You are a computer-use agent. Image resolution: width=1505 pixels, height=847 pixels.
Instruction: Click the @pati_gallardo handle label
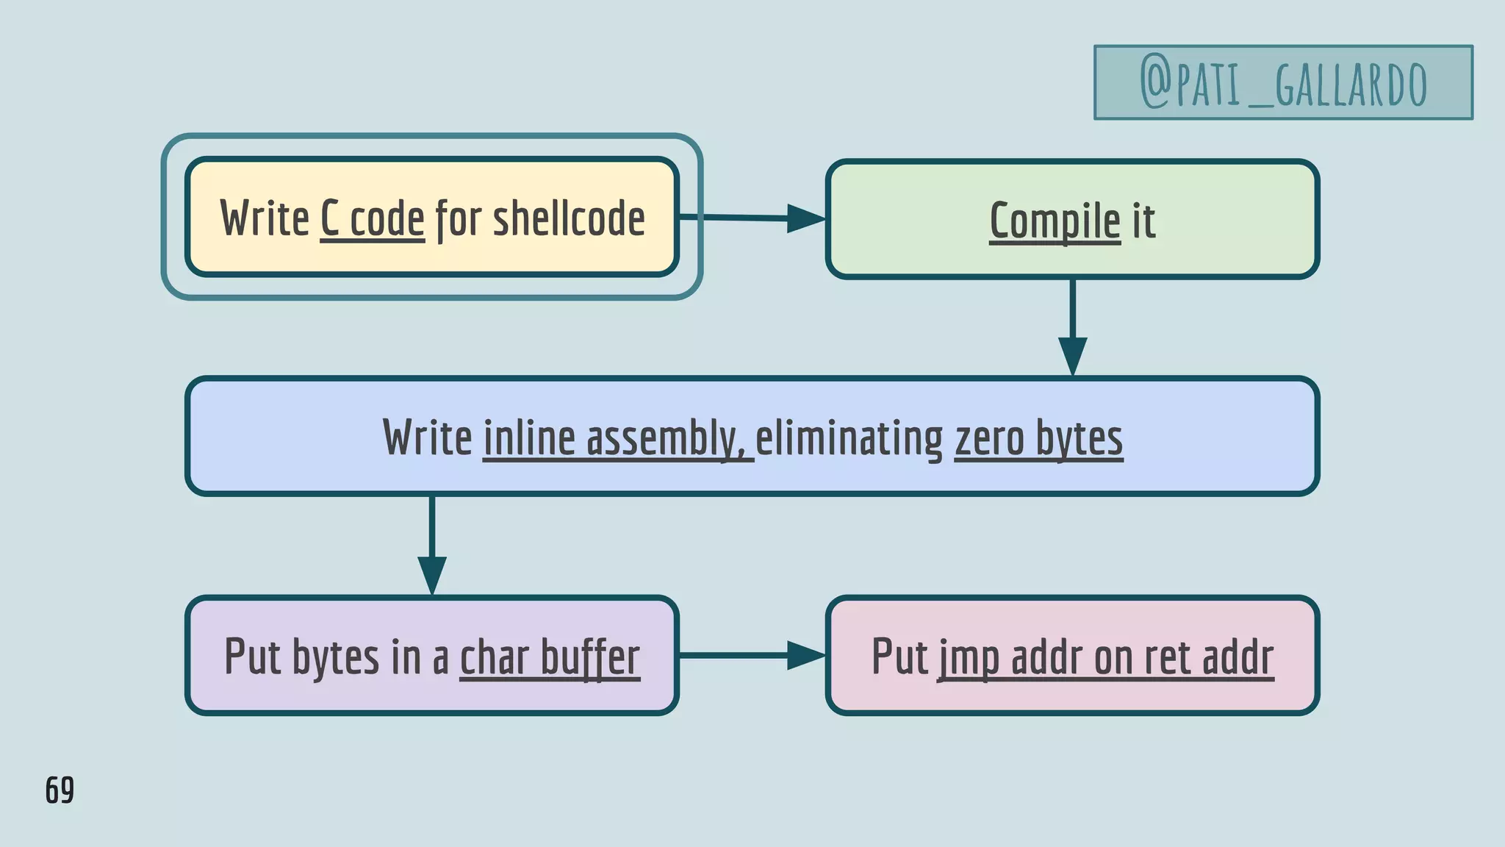click(1283, 83)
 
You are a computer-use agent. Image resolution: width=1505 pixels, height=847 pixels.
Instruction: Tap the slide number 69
click(60, 790)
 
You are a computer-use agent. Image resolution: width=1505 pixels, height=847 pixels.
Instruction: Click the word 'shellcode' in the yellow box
click(569, 218)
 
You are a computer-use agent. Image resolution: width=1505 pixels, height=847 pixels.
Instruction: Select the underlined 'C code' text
click(373, 219)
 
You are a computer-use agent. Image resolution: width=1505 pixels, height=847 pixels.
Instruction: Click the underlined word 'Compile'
click(1055, 221)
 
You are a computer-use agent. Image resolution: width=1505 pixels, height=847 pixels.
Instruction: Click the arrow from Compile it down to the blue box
click(1072, 327)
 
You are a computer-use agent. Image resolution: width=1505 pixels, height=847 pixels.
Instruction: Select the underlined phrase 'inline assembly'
click(617, 438)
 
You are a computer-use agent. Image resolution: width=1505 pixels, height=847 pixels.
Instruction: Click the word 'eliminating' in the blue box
click(849, 438)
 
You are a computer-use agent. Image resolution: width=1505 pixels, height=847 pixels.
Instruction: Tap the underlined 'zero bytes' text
click(1038, 438)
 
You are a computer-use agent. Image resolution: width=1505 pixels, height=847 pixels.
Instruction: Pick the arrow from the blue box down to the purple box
click(432, 545)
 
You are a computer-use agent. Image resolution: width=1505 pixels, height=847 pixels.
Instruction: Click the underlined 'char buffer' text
click(550, 657)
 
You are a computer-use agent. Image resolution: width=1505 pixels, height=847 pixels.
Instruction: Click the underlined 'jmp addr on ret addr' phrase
click(1106, 657)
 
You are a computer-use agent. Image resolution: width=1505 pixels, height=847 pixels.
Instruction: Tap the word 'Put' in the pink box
click(899, 656)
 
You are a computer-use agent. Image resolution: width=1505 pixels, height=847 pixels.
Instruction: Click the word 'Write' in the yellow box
click(265, 218)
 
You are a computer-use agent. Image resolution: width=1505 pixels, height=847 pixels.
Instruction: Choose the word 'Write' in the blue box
click(427, 438)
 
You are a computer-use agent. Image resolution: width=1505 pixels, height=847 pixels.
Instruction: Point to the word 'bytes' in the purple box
click(336, 657)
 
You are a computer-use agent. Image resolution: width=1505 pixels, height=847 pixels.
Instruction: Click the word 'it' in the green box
click(1143, 221)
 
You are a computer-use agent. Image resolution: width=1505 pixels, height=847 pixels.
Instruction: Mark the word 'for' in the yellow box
click(459, 219)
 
